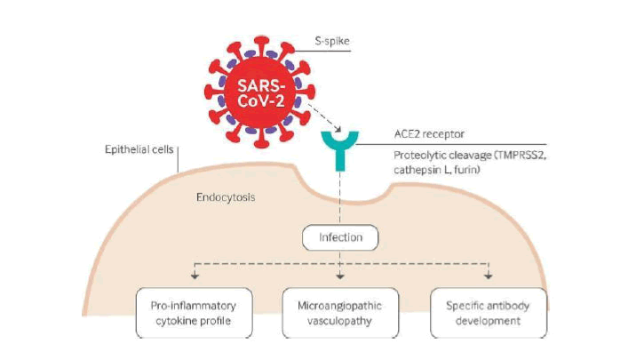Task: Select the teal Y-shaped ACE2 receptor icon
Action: tap(338, 148)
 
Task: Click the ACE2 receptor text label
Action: tap(430, 134)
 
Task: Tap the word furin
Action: tap(465, 168)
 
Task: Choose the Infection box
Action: tap(341, 237)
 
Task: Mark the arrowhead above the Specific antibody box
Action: tap(489, 278)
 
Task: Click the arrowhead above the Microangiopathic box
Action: tap(341, 278)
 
